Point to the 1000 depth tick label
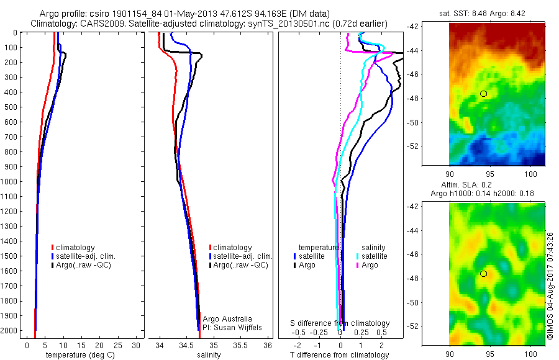pyautogui.click(x=11, y=182)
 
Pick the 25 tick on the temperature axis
pyautogui.click(x=118, y=345)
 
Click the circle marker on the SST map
pyautogui.click(x=484, y=94)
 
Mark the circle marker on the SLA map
pyautogui.click(x=484, y=274)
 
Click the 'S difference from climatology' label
pyautogui.click(x=340, y=323)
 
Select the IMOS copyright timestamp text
pyautogui.click(x=550, y=286)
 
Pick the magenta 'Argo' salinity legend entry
pyautogui.click(x=370, y=265)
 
